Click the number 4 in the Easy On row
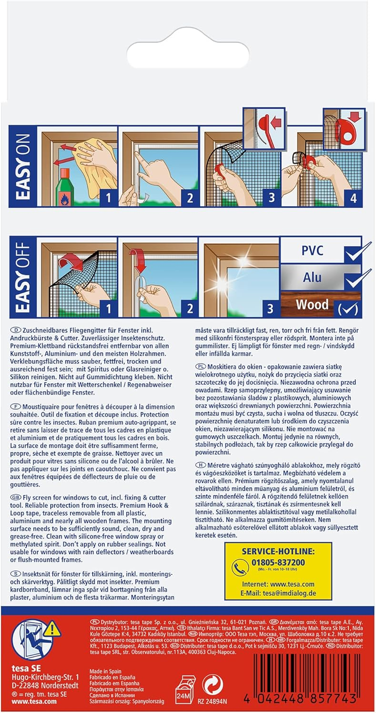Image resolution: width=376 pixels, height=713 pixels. point(352,197)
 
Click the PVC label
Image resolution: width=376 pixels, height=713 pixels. point(312,250)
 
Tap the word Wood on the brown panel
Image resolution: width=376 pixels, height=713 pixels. point(312,304)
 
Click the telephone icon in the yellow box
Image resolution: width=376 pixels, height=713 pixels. point(240,568)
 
